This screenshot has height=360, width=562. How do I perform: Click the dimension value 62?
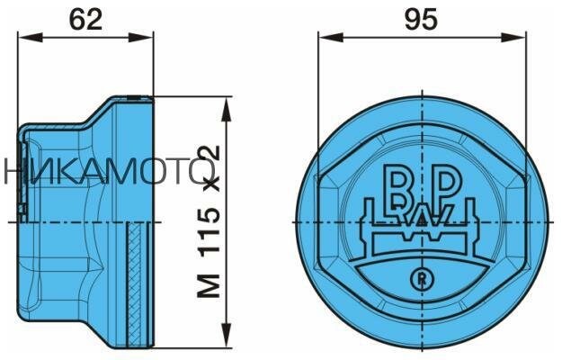click(86, 19)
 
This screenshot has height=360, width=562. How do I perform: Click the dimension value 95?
click(421, 19)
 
